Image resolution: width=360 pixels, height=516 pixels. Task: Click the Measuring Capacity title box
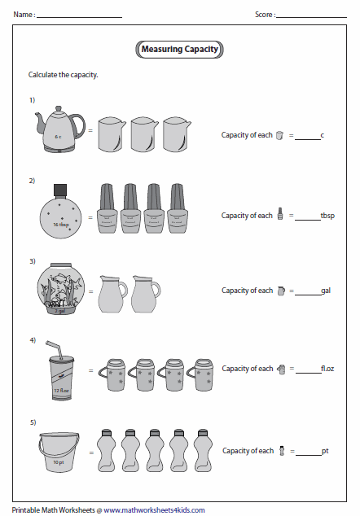180,50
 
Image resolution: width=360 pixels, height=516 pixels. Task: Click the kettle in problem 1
59,129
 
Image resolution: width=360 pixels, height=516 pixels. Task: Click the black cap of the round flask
59,190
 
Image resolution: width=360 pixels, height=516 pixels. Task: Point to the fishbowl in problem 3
59,290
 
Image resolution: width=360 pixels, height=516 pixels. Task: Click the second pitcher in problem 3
147,294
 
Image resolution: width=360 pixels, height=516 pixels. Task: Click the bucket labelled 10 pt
59,452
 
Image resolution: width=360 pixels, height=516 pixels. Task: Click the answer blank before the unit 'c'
308,138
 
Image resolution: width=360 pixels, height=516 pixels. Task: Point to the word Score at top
264,14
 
